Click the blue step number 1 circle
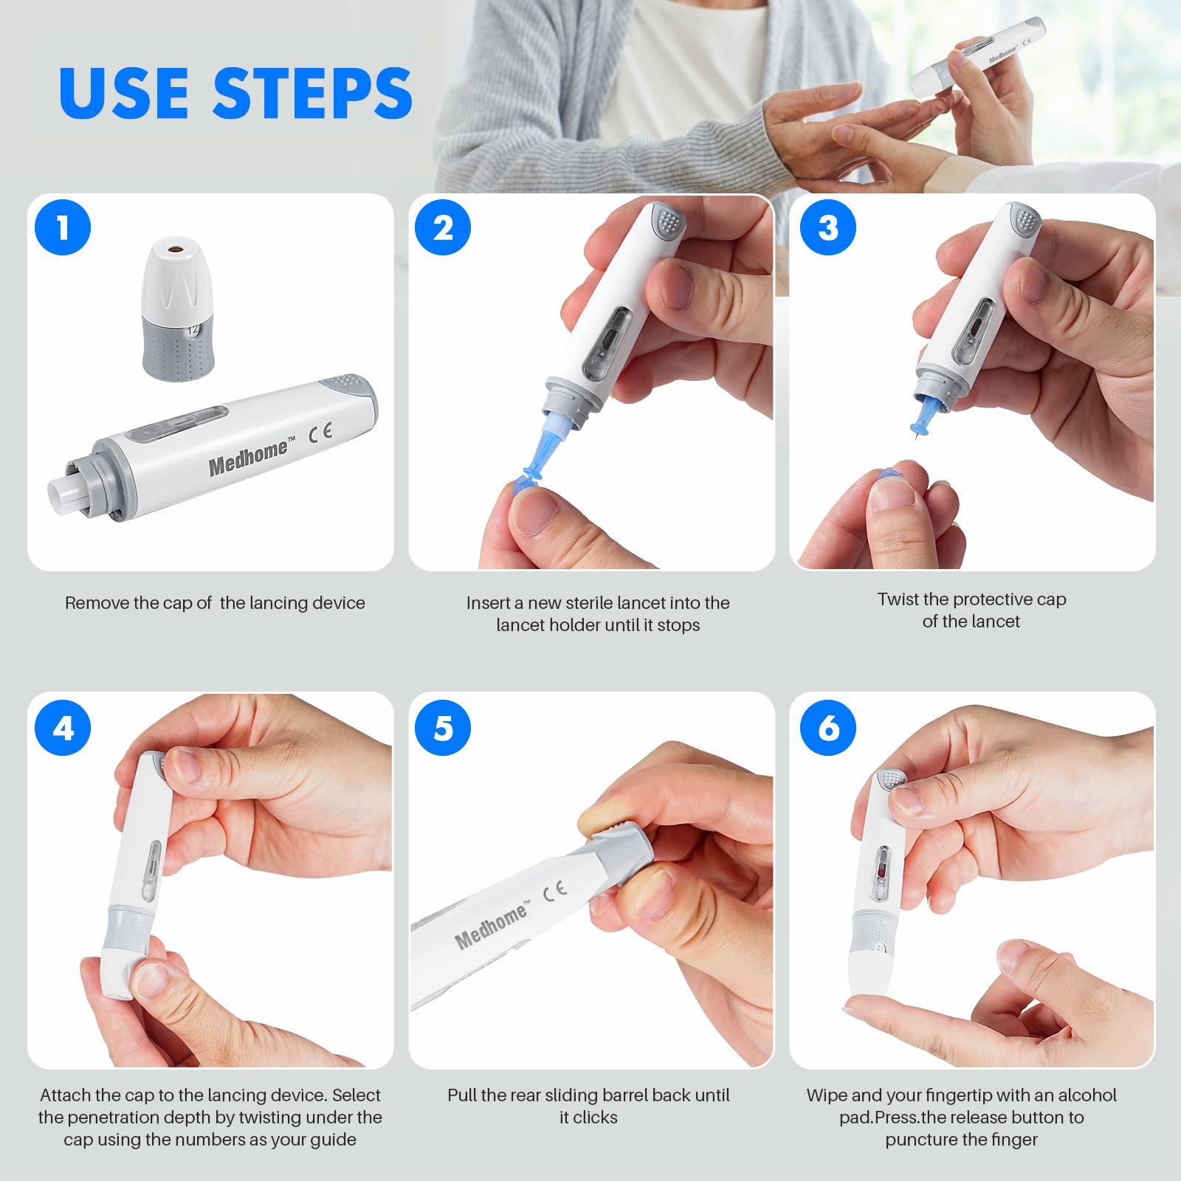63,227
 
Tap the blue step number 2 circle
443,227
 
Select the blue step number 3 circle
828,227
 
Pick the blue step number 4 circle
63,728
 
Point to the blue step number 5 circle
443,728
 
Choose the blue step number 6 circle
828,728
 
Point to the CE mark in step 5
555,891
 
